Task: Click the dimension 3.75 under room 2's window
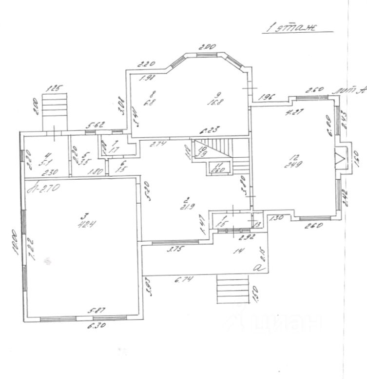pos(174,250)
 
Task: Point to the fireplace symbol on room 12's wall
pos(339,158)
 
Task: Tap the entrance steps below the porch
pos(232,289)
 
